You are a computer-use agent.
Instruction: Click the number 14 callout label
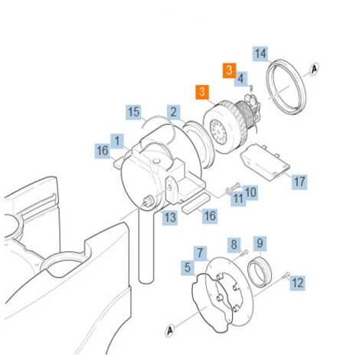pyautogui.click(x=260, y=54)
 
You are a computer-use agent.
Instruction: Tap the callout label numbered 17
pyautogui.click(x=299, y=182)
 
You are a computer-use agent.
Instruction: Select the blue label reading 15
pyautogui.click(x=134, y=112)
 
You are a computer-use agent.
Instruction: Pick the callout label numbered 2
pyautogui.click(x=174, y=112)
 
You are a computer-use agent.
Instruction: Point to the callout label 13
pyautogui.click(x=170, y=218)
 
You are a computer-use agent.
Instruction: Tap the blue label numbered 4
pyautogui.click(x=241, y=79)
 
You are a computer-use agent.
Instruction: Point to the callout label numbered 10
pyautogui.click(x=250, y=193)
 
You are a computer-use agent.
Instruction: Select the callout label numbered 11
pyautogui.click(x=238, y=198)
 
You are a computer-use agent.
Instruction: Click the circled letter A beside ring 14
pyautogui.click(x=315, y=69)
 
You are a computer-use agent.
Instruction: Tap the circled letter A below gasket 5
pyautogui.click(x=170, y=331)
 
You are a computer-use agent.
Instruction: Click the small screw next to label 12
pyautogui.click(x=286, y=275)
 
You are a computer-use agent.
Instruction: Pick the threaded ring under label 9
pyautogui.click(x=260, y=272)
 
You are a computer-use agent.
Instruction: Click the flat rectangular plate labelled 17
pyautogui.click(x=265, y=162)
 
